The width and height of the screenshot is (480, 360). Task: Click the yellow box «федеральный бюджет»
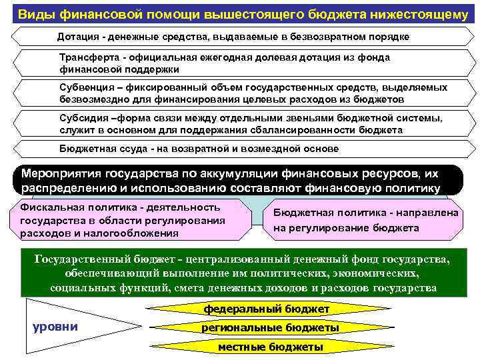pyautogui.click(x=267, y=309)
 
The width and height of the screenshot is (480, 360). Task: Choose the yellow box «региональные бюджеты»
pyautogui.click(x=271, y=328)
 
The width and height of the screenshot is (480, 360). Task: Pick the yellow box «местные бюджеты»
pyautogui.click(x=271, y=347)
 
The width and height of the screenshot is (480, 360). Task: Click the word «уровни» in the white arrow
pyautogui.click(x=55, y=327)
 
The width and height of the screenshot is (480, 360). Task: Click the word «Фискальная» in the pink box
pyautogui.click(x=50, y=207)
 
